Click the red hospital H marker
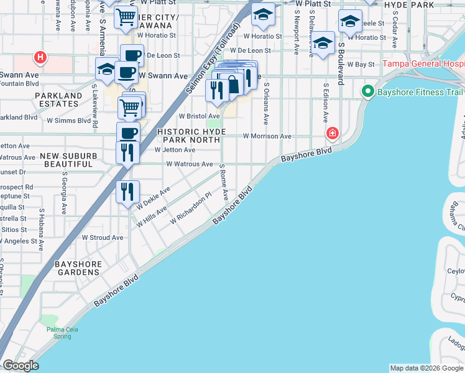point(40,58)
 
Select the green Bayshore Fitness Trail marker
point(367,92)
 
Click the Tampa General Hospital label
point(423,64)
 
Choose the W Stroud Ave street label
point(103,237)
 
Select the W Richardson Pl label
point(194,208)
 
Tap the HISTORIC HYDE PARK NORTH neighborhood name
point(190,136)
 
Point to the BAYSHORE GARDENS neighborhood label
point(78,268)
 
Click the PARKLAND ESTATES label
point(58,99)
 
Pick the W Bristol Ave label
point(199,116)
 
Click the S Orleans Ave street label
point(266,103)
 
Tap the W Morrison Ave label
point(267,136)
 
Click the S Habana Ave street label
point(41,229)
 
